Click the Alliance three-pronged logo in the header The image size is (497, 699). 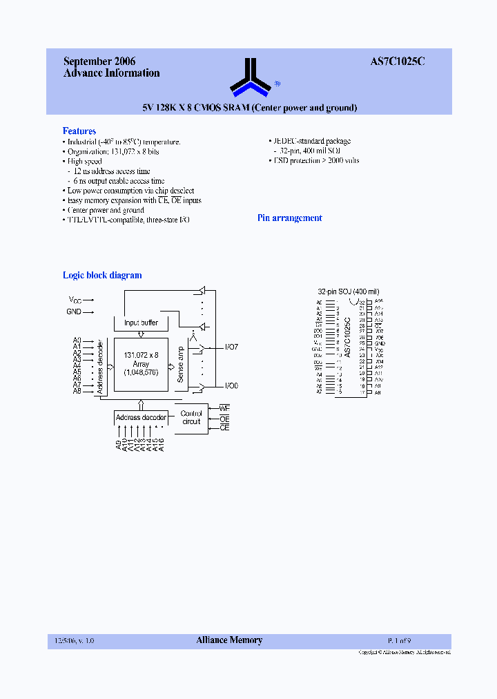250,78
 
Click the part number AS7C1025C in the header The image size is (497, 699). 397,61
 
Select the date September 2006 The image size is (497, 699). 99,61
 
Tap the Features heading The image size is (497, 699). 79,131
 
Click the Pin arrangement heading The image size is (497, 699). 289,218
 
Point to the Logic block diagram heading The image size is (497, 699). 102,275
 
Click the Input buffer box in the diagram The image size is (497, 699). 141,323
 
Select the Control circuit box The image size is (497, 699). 191,418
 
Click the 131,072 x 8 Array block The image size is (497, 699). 141,363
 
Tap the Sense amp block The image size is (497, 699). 180,364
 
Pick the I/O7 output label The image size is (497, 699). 232,347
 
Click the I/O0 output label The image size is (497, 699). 232,385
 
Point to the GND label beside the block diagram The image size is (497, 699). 74,312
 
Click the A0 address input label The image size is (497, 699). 77,341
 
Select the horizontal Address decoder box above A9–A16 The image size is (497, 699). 141,417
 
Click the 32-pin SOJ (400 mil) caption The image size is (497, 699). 348,292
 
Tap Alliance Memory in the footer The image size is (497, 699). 229,640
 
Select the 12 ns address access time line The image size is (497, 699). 111,171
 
